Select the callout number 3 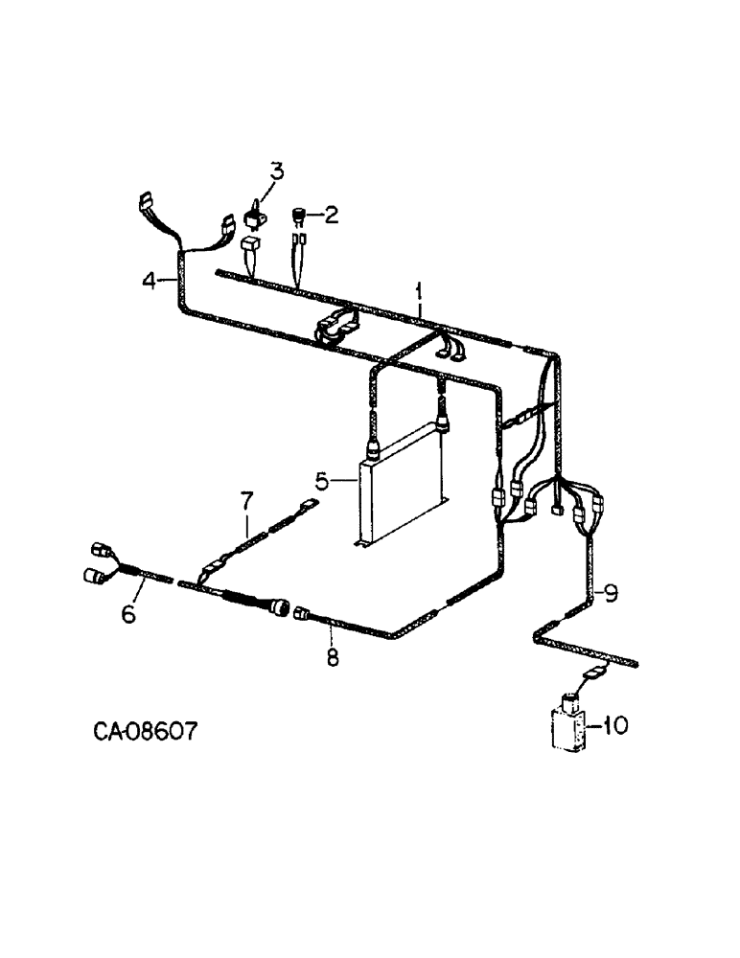tap(276, 172)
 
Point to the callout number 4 tap(149, 281)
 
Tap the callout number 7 tap(246, 499)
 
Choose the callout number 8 tap(333, 658)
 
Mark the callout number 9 tap(611, 593)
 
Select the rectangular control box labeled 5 tap(401, 498)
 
